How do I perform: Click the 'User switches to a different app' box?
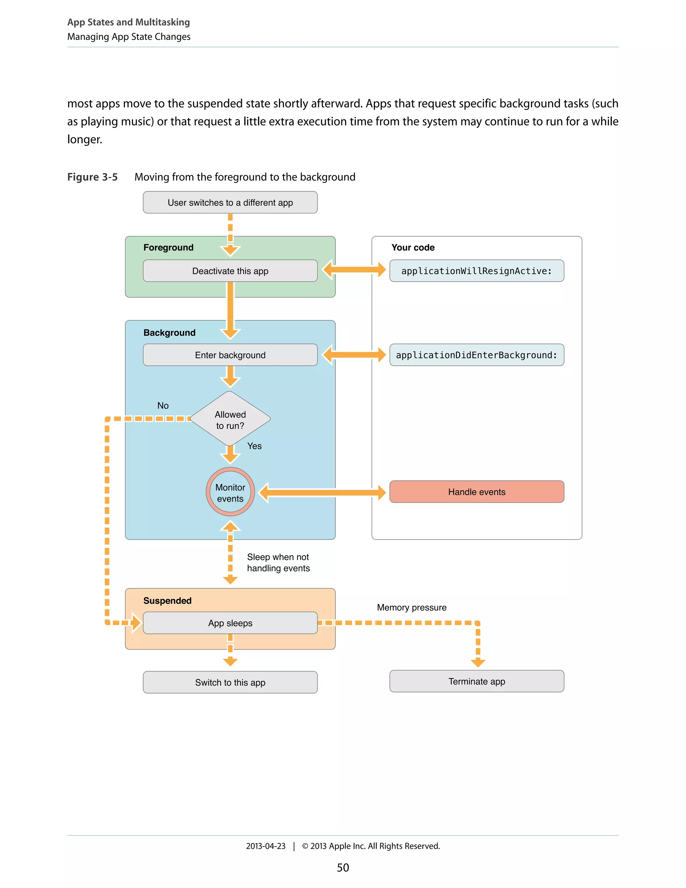230,202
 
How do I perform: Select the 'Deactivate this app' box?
230,271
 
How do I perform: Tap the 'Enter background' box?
230,355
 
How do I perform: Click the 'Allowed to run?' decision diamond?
230,419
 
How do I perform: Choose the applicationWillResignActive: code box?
476,271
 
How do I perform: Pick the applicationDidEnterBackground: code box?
476,355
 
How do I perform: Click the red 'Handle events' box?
476,492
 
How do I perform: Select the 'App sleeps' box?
230,623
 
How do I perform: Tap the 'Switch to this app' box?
230,682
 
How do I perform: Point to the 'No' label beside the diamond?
163,405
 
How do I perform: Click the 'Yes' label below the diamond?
255,446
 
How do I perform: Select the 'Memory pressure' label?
411,608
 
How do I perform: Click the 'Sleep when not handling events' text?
278,563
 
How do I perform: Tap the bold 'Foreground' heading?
168,248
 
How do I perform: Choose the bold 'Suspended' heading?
167,600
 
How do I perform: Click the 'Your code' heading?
413,248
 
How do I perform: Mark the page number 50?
343,868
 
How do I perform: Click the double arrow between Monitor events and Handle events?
322,492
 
